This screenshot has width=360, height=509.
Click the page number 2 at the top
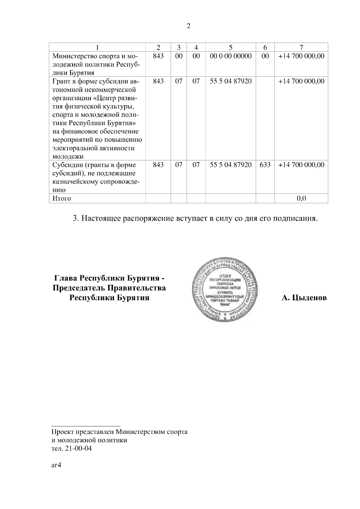188,26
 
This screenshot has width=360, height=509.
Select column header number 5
230,47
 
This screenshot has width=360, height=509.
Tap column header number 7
301,47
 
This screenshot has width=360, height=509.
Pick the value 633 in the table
265,165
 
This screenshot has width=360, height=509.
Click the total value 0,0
301,198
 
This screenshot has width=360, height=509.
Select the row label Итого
62,198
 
